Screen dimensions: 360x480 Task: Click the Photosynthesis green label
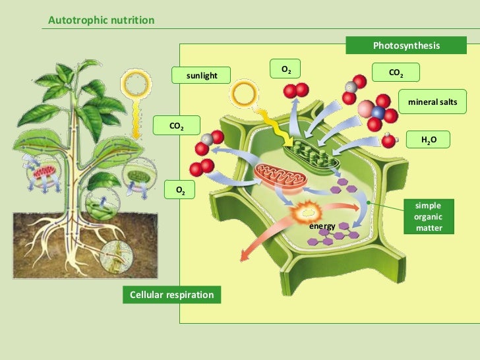[x=406, y=45]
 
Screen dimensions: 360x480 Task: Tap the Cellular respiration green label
[x=171, y=295]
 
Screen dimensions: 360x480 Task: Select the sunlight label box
[x=202, y=76]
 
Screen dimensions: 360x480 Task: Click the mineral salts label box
[x=433, y=102]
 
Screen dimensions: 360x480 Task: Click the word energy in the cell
[x=322, y=226]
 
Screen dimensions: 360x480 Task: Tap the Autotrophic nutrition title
[x=102, y=20]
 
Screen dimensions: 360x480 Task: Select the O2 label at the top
[x=286, y=69]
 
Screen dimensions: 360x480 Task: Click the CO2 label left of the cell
[x=177, y=125]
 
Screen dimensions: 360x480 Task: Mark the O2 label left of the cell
[x=180, y=190]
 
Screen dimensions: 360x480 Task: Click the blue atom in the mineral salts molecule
[x=378, y=112]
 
